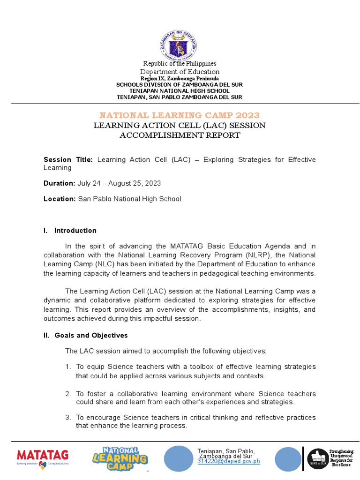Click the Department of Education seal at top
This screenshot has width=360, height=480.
click(x=180, y=45)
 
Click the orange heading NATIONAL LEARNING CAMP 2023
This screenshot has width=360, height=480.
click(x=180, y=115)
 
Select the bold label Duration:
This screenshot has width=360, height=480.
click(x=59, y=183)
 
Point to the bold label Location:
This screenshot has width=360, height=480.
click(x=60, y=199)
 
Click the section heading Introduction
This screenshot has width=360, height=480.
click(x=75, y=231)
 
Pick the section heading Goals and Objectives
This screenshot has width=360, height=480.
click(x=91, y=336)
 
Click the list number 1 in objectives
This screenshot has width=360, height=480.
click(x=68, y=367)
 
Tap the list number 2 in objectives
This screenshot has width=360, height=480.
click(x=68, y=394)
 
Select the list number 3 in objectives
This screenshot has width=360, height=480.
click(x=68, y=418)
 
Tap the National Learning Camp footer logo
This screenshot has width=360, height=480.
click(x=120, y=458)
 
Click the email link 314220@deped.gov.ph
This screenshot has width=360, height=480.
click(x=228, y=462)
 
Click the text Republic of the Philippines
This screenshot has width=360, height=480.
click(x=180, y=64)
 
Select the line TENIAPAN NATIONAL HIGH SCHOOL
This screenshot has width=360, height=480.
click(x=180, y=91)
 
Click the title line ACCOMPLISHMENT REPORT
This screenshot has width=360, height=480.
click(x=180, y=135)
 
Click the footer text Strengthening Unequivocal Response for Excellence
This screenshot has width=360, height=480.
click(x=341, y=458)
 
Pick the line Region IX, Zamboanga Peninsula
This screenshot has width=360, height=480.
click(x=180, y=78)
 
